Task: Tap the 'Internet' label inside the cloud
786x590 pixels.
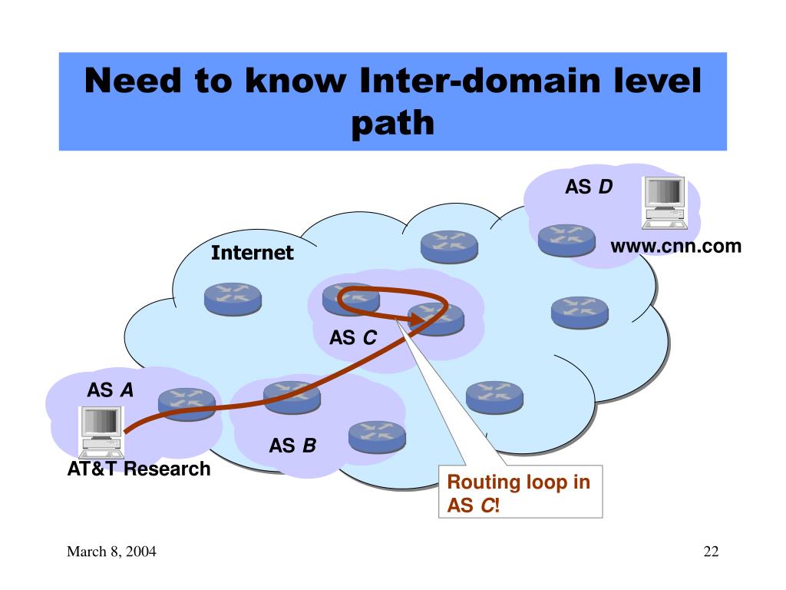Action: coord(253,253)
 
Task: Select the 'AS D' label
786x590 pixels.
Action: coord(589,187)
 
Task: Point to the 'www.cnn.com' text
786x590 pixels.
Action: coord(676,247)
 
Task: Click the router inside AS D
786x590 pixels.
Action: coord(566,240)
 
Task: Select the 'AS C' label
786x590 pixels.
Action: coord(353,337)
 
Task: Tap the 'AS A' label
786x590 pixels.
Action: coord(110,390)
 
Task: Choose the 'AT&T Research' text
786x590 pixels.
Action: coord(138,469)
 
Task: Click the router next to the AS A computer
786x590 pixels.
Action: coord(187,402)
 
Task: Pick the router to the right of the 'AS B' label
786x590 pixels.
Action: coord(376,436)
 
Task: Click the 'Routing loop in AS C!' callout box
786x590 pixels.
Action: coord(520,492)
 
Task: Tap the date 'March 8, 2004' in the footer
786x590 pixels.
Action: coord(111,552)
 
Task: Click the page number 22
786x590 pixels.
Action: coord(710,552)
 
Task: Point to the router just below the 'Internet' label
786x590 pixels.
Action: coord(233,298)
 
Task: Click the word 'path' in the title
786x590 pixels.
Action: coord(393,123)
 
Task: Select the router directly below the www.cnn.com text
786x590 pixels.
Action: coord(580,311)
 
